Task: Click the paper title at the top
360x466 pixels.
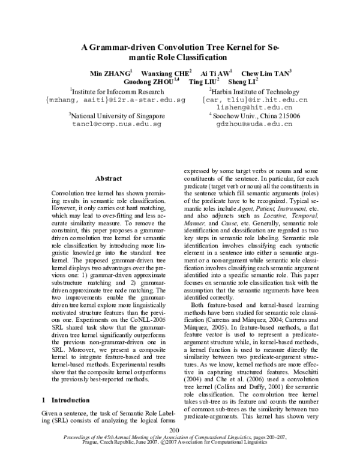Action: click(180, 53)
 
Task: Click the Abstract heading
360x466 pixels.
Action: click(109, 178)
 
